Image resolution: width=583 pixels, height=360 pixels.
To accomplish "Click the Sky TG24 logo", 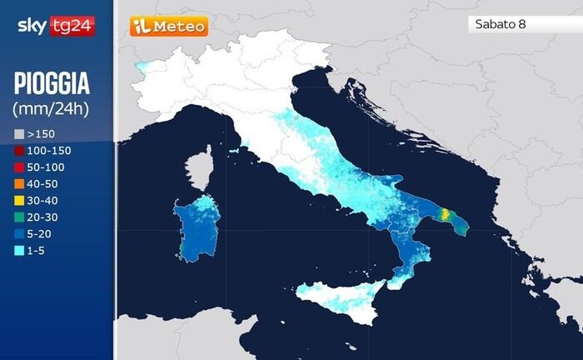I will point(56,26).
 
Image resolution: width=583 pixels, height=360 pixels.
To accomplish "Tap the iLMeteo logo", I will point(168,27).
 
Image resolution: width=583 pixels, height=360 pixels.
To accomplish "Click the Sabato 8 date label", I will point(500,24).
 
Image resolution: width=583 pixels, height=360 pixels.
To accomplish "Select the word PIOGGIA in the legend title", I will point(52,84).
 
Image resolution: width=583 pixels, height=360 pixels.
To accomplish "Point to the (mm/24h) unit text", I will point(51,108).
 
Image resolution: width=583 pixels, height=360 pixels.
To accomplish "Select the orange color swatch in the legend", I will point(18,182).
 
